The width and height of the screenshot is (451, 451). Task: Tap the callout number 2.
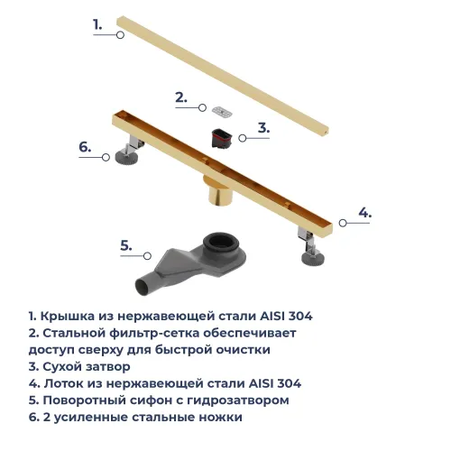pos(180,97)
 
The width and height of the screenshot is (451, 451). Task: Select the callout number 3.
pos(263,128)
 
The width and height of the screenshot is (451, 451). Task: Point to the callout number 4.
pos(364,213)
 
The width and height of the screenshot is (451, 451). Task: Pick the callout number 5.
pos(127,244)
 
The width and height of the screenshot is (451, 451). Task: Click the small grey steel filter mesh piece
pos(221,110)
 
